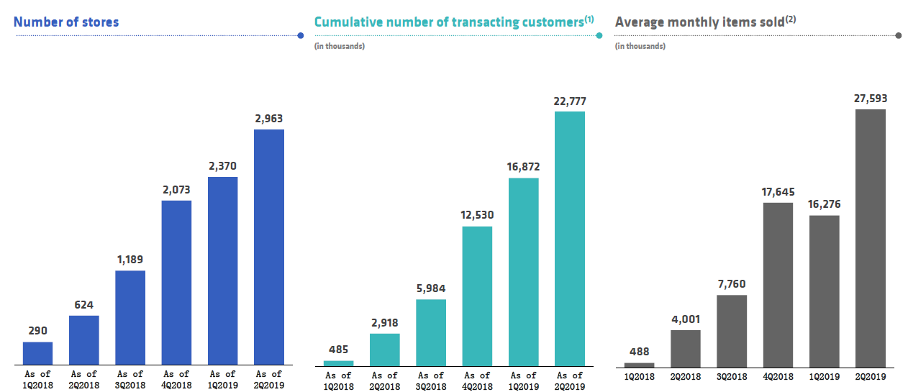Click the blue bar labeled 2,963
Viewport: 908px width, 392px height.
pyautogui.click(x=269, y=247)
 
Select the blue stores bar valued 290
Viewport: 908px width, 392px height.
pyautogui.click(x=37, y=353)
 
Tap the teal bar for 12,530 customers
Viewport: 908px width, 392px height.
pyautogui.click(x=477, y=296)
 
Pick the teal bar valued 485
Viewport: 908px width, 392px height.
pyautogui.click(x=339, y=363)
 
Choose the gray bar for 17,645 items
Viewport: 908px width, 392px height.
pyautogui.click(x=778, y=284)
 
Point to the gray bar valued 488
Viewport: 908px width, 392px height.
pyautogui.click(x=640, y=365)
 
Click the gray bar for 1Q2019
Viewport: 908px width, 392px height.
pyautogui.click(x=824, y=291)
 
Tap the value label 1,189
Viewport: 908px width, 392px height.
pyautogui.click(x=130, y=259)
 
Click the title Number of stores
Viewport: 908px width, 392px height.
pyautogui.click(x=66, y=22)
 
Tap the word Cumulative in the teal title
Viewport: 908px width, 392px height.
pyautogui.click(x=347, y=22)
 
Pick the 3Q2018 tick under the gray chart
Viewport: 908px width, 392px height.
pyautogui.click(x=732, y=375)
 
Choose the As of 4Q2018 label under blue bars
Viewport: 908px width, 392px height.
pyautogui.click(x=176, y=379)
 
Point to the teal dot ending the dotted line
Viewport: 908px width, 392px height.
pyautogui.click(x=599, y=35)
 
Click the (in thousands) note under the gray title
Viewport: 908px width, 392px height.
pyautogui.click(x=640, y=47)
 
